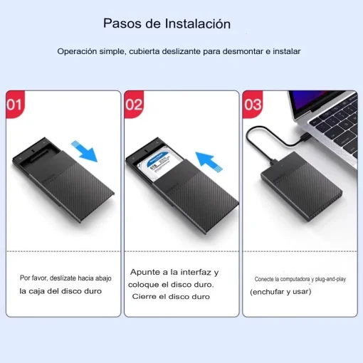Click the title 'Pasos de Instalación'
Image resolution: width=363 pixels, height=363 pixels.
pyautogui.click(x=167, y=23)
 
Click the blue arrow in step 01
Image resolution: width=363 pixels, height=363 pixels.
pyautogui.click(x=85, y=150)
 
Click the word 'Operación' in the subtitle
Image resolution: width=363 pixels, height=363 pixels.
pyautogui.click(x=77, y=52)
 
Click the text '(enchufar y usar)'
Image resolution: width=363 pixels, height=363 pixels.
pyautogui.click(x=281, y=292)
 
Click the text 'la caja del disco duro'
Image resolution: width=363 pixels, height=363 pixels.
pyautogui.click(x=60, y=290)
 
